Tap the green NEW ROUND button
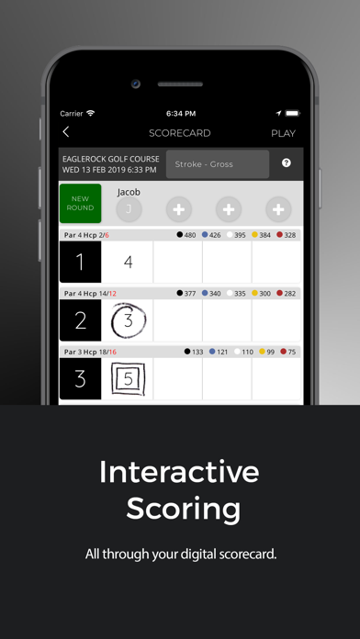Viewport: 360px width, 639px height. point(80,203)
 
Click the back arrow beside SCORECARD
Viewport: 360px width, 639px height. point(65,132)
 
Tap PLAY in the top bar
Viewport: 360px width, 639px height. point(284,133)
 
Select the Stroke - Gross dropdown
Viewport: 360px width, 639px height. point(218,164)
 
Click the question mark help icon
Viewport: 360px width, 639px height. point(287,163)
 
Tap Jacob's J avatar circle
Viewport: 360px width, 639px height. point(129,209)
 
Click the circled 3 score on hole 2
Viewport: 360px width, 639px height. point(129,320)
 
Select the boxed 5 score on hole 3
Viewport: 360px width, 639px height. point(129,379)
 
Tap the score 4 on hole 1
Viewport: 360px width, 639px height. point(128,262)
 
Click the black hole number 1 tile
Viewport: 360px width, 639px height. point(80,262)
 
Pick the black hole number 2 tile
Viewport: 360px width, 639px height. point(80,320)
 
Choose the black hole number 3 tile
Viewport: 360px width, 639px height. point(80,378)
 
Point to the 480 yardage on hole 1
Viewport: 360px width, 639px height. point(190,235)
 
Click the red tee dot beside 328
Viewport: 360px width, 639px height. point(279,235)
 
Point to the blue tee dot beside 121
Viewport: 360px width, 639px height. point(212,352)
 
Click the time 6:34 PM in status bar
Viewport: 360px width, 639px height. point(181,114)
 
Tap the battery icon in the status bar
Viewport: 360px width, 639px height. point(292,113)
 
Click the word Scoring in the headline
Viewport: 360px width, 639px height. point(183,509)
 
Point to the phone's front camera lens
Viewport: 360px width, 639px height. point(136,84)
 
